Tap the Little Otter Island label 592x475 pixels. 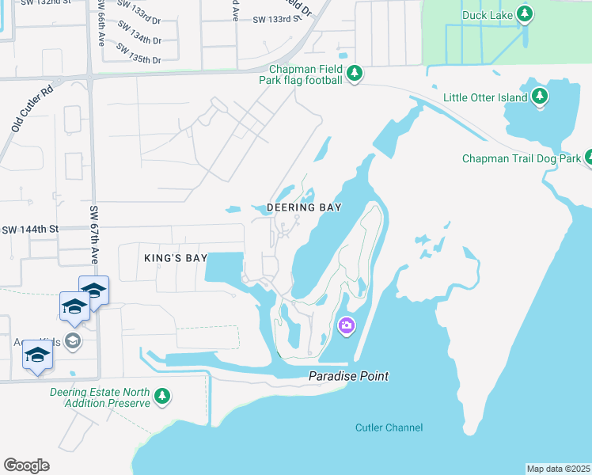485,97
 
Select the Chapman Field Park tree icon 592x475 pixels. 355,74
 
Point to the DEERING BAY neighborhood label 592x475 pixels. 304,207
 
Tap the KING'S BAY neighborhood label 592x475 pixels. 176,258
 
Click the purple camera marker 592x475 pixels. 346,325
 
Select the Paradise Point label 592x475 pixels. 348,376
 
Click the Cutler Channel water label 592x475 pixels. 388,427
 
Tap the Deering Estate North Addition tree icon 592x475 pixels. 162,396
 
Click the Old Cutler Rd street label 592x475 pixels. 32,108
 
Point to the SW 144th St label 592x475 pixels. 30,230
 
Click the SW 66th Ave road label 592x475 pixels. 101,24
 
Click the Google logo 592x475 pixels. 26,465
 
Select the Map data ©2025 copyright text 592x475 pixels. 558,469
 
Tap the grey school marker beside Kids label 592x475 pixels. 73,341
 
